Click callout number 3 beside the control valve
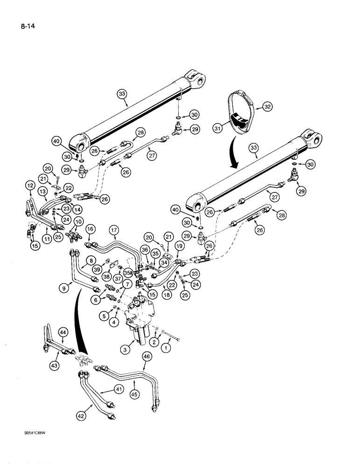coord(124,349)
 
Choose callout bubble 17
coord(114,230)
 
